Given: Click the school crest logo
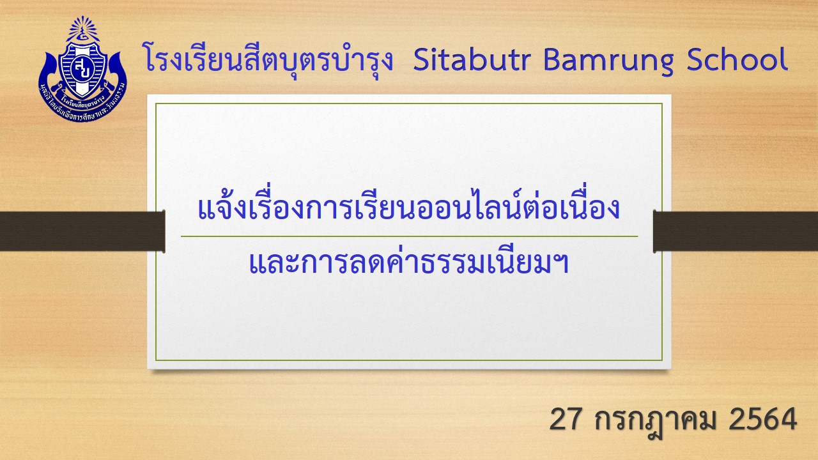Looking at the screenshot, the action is tap(83, 68).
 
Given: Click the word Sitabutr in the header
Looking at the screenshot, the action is tap(472, 60).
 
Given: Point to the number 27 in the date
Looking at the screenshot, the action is tap(566, 420).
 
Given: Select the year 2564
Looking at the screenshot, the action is tap(762, 420).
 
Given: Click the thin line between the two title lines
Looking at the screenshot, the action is tap(410, 236).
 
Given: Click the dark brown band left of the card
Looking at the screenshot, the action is tap(82, 231).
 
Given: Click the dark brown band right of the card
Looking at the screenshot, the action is tap(736, 231).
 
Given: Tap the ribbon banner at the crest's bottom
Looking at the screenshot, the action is tap(83, 106).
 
